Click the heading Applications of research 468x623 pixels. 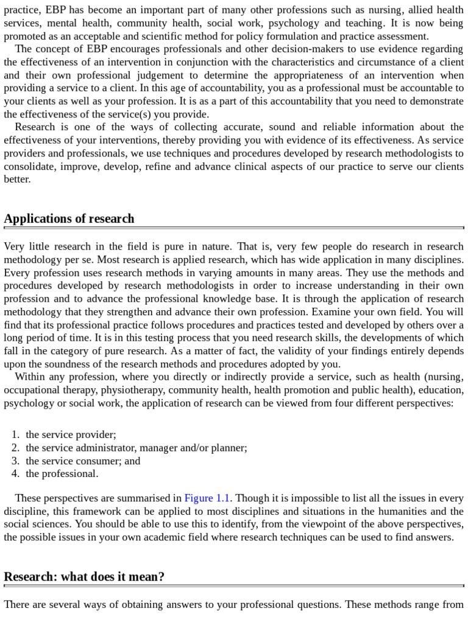(x=69, y=219)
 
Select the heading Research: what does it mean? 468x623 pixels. (x=84, y=577)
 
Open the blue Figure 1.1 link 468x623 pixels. (x=207, y=498)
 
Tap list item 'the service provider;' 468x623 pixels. (x=71, y=434)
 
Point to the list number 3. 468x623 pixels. (x=15, y=461)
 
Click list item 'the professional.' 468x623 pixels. (x=62, y=473)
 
